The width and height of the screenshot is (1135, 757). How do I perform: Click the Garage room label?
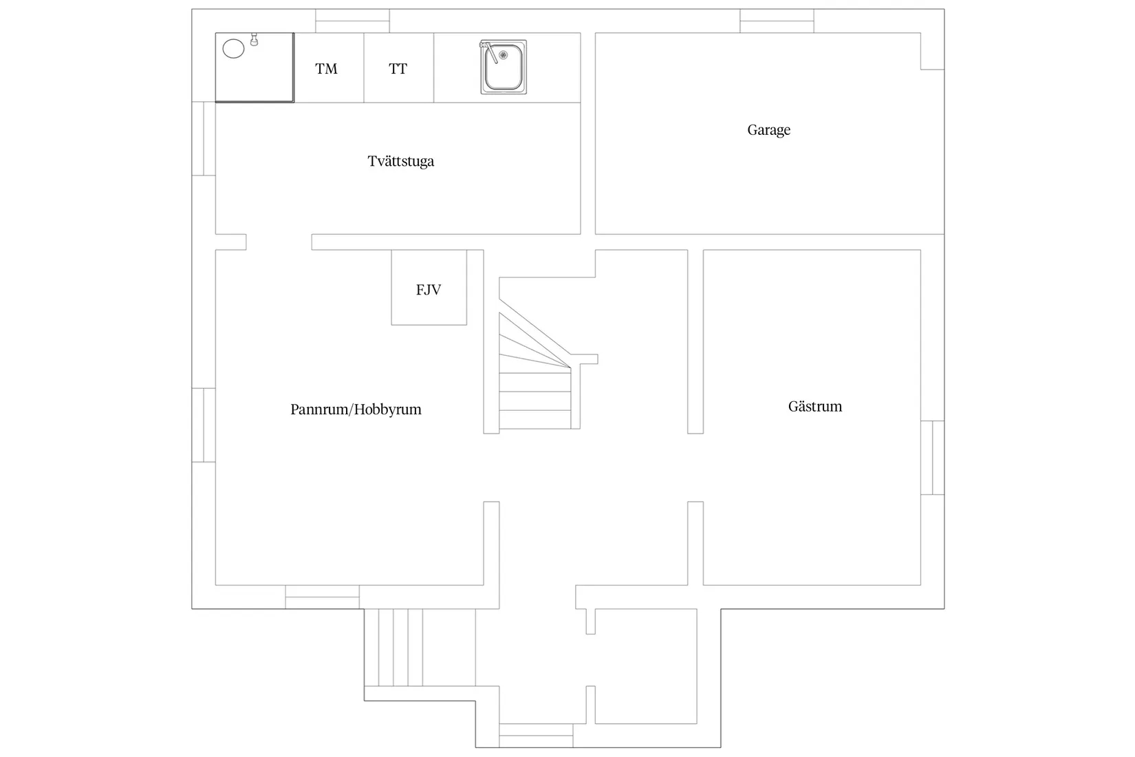pyautogui.click(x=768, y=130)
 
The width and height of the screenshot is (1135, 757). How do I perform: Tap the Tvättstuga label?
pyautogui.click(x=401, y=161)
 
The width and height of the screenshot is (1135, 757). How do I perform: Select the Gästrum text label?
pyautogui.click(x=814, y=406)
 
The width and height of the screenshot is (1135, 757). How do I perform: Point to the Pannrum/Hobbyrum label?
pyautogui.click(x=356, y=409)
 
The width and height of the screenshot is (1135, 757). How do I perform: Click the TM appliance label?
pyautogui.click(x=326, y=68)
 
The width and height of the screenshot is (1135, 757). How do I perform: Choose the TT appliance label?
pyautogui.click(x=398, y=68)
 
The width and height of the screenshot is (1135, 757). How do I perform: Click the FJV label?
pyautogui.click(x=429, y=290)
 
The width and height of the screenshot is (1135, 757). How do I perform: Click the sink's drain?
pyautogui.click(x=503, y=55)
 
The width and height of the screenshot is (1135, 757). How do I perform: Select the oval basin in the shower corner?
pyautogui.click(x=234, y=49)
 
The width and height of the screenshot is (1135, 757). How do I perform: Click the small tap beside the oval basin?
pyautogui.click(x=255, y=39)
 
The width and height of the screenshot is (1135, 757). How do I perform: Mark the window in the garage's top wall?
pyautogui.click(x=777, y=21)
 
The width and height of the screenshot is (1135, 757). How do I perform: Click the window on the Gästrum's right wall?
pyautogui.click(x=932, y=458)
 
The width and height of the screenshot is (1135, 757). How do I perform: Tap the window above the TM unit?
pyautogui.click(x=353, y=21)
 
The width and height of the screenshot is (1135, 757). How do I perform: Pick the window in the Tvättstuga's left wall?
pyautogui.click(x=204, y=138)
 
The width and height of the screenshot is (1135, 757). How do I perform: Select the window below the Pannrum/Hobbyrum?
pyautogui.click(x=322, y=597)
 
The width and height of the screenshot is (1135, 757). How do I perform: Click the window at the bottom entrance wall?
pyautogui.click(x=536, y=736)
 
